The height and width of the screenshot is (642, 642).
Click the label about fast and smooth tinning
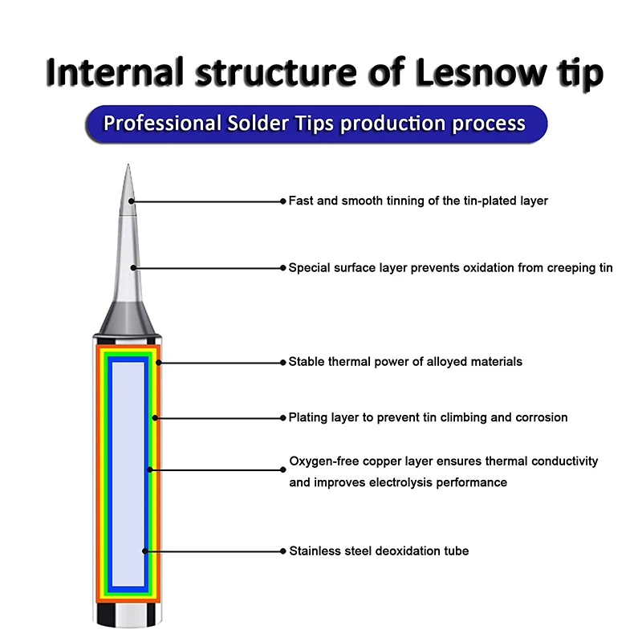tap(418, 201)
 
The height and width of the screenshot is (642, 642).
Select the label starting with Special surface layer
tap(450, 268)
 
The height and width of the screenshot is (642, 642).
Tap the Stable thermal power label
tap(405, 362)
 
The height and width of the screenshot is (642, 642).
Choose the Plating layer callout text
tap(428, 417)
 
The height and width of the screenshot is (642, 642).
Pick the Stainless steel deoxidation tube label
tap(379, 551)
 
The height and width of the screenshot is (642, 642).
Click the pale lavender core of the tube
tap(128, 473)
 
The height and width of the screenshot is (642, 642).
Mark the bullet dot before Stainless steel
tap(282, 551)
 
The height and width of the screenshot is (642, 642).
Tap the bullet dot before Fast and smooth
tap(282, 201)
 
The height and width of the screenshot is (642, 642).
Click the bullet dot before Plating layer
tap(282, 417)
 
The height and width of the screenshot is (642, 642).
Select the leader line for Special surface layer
tap(209, 268)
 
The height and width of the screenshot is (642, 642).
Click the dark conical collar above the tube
tap(128, 321)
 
